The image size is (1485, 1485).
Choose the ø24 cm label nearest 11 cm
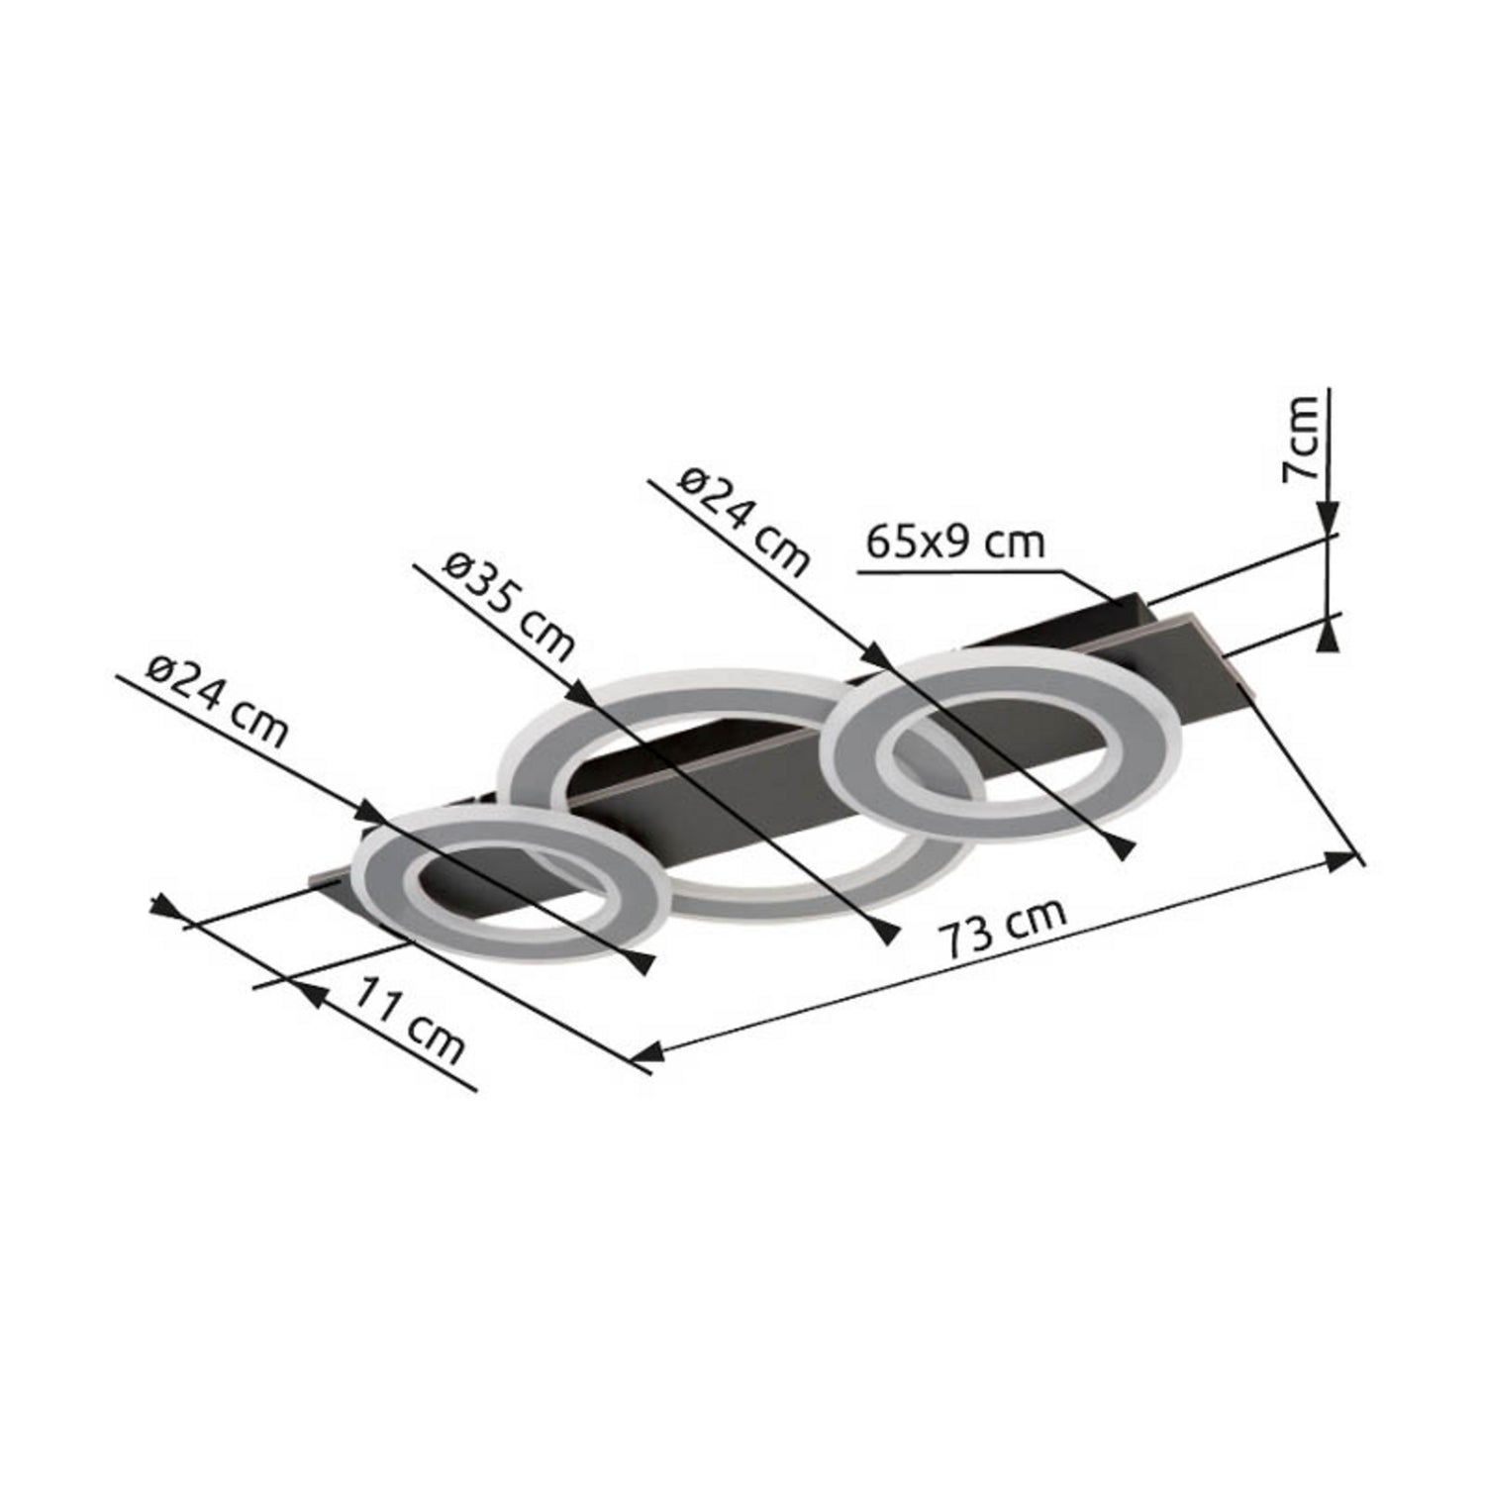point(217,702)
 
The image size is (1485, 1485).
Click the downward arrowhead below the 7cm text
point(1329,520)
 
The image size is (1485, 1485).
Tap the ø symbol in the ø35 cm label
point(459,569)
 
